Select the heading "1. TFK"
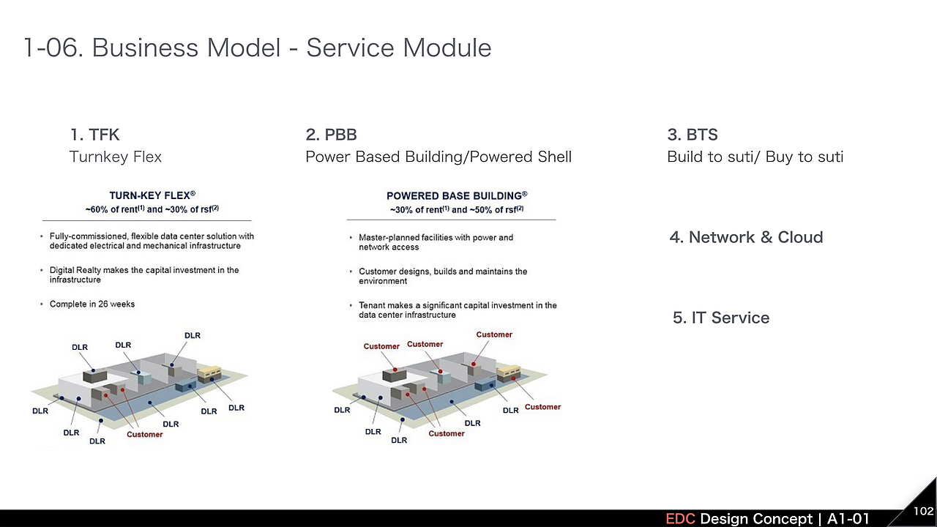click(x=94, y=135)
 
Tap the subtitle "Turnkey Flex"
click(x=116, y=157)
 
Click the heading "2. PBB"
click(x=331, y=135)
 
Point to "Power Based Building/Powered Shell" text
click(x=438, y=157)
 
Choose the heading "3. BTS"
click(x=693, y=135)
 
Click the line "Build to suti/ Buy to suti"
click(x=755, y=157)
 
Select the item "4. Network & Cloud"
click(x=746, y=237)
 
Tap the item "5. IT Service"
click(x=721, y=318)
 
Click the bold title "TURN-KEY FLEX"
click(x=151, y=195)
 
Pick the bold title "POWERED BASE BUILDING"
click(x=455, y=195)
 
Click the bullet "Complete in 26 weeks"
click(x=92, y=304)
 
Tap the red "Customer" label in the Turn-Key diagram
click(x=144, y=435)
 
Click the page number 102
click(x=923, y=511)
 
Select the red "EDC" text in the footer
click(x=680, y=519)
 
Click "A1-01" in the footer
click(x=848, y=519)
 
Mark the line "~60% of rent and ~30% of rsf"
click(x=152, y=209)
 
